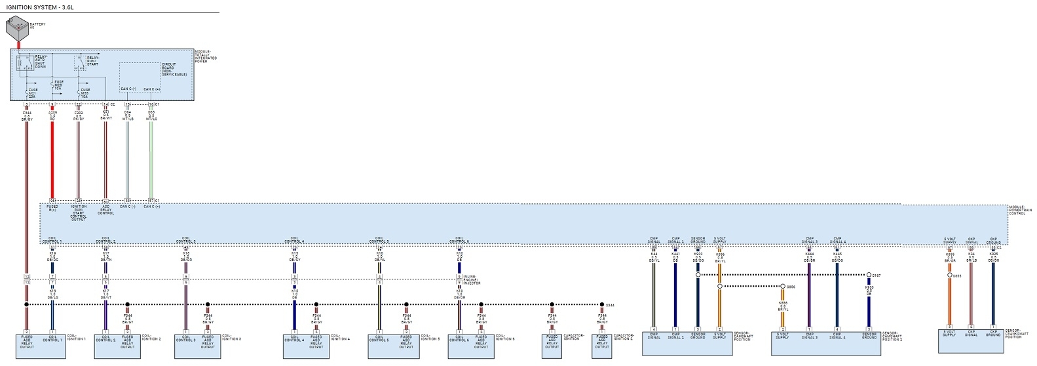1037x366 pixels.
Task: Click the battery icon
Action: (x=17, y=30)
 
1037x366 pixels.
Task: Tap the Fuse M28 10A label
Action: (x=58, y=86)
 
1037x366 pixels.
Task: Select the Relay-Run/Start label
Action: (x=92, y=60)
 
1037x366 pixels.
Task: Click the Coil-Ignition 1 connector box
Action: (x=40, y=346)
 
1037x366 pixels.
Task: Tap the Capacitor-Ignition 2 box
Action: (x=601, y=346)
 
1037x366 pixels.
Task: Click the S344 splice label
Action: (x=610, y=305)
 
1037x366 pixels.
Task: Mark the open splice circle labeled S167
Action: (x=869, y=275)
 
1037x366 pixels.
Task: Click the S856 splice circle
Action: (x=782, y=287)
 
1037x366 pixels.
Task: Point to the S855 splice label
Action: (x=957, y=276)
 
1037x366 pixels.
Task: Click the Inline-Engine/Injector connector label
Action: (x=473, y=279)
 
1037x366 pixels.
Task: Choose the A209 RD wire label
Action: (x=52, y=116)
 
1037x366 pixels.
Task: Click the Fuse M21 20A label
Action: (x=33, y=92)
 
